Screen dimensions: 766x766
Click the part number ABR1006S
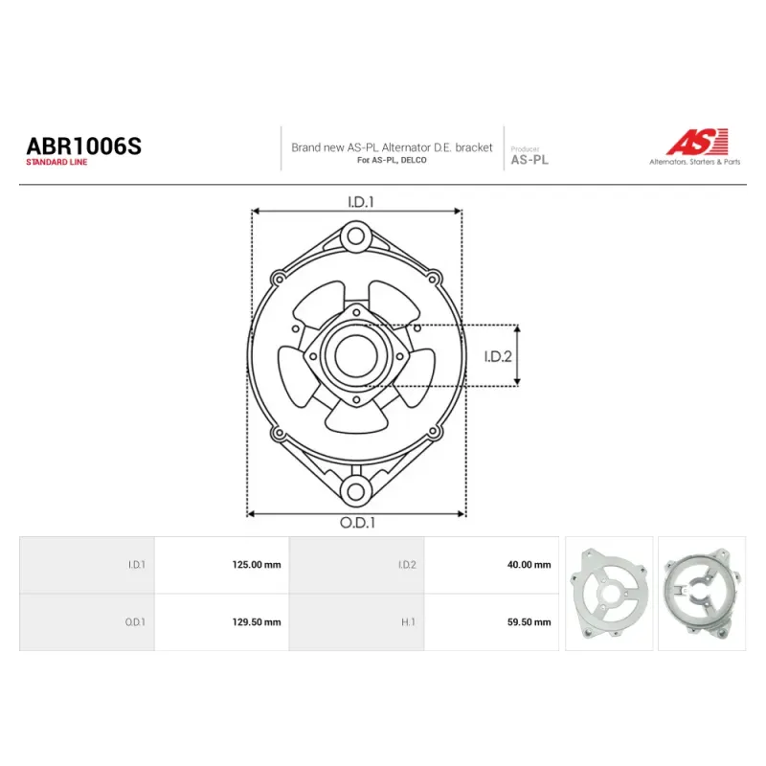(83, 146)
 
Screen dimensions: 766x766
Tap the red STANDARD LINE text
(56, 162)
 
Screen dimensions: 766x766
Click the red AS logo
(698, 141)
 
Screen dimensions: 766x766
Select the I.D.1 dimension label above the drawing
(361, 202)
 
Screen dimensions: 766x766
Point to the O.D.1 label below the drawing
(357, 523)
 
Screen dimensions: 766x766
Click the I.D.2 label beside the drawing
(498, 356)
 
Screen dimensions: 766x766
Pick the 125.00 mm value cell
(222, 565)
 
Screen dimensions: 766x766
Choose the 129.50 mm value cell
(222, 621)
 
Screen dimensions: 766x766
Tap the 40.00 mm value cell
(491, 565)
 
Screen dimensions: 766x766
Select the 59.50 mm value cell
(491, 621)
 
